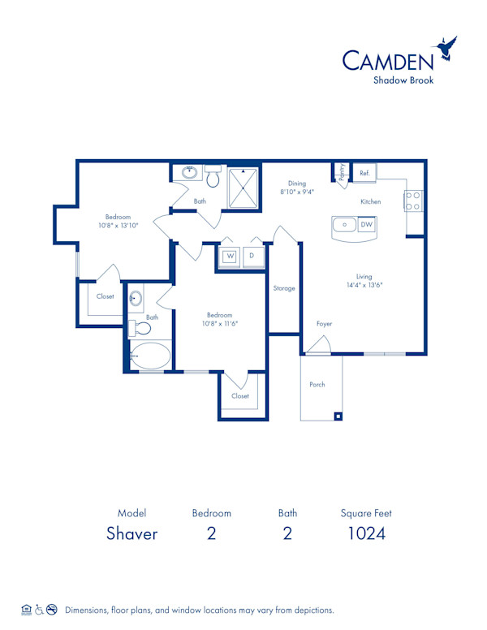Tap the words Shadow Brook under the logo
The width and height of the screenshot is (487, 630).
[x=404, y=80]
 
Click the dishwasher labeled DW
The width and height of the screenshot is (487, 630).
[x=367, y=224]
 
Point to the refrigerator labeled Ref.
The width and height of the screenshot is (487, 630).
[x=364, y=173]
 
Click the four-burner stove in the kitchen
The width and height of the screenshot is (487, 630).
[x=413, y=201]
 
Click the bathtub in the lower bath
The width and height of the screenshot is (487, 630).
[x=151, y=356]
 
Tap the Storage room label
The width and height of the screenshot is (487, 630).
[x=284, y=288]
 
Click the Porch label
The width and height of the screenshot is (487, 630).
[x=317, y=384]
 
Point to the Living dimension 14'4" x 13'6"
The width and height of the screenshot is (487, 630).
[x=364, y=285]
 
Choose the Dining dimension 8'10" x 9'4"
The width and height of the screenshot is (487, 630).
[x=297, y=192]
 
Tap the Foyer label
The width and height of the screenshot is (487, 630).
[x=324, y=324]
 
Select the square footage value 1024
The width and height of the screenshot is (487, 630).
[x=366, y=533]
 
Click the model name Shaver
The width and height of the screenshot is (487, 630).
[x=131, y=533]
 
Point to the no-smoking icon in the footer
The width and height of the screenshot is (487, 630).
[x=51, y=609]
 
